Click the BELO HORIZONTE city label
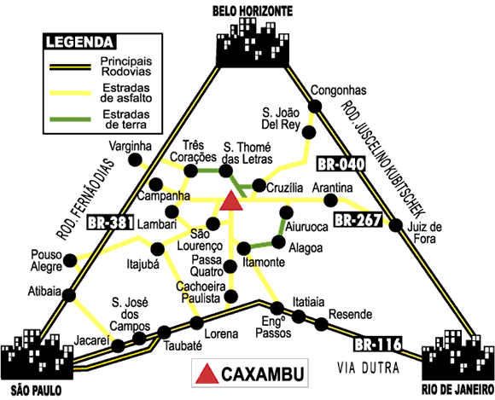(248, 10)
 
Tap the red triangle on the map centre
(231, 201)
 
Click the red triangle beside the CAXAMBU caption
(207, 373)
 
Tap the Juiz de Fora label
(424, 233)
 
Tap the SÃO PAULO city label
(31, 392)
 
